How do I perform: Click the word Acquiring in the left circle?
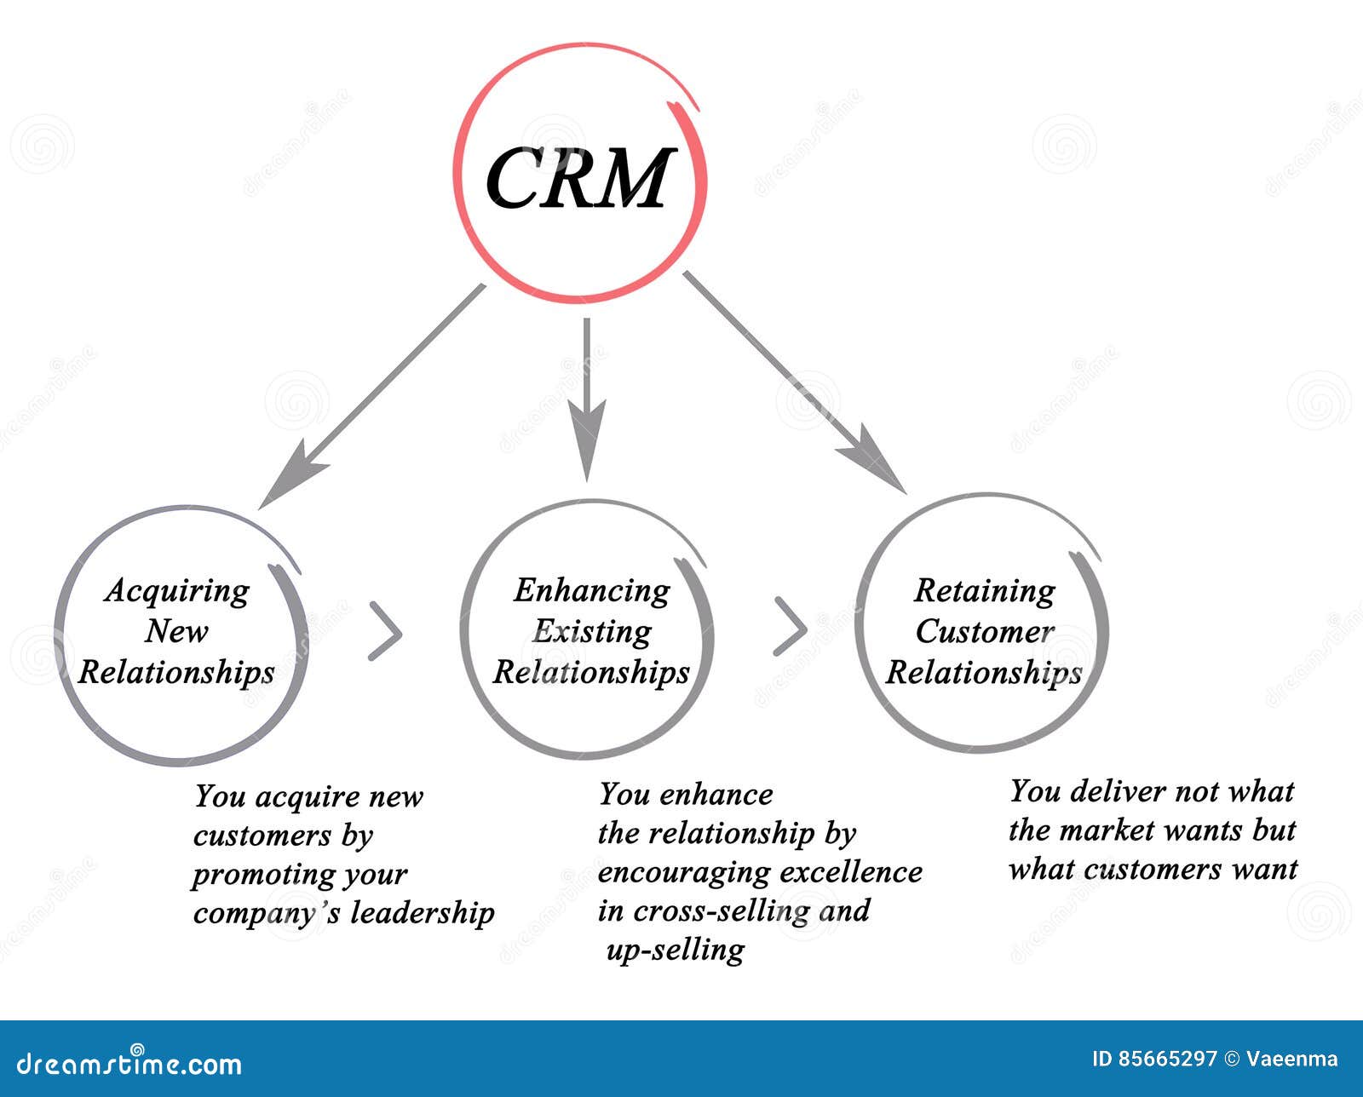[177, 591]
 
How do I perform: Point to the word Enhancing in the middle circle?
[591, 591]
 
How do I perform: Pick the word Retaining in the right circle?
[985, 591]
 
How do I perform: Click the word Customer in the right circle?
[985, 632]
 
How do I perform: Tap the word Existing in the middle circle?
[591, 632]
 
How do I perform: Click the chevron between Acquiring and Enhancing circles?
[385, 631]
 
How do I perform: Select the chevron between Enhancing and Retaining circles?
[791, 627]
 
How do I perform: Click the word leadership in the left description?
[423, 913]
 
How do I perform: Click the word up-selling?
[675, 950]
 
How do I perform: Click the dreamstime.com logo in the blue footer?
[129, 1064]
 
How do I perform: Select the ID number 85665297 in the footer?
[1167, 1060]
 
